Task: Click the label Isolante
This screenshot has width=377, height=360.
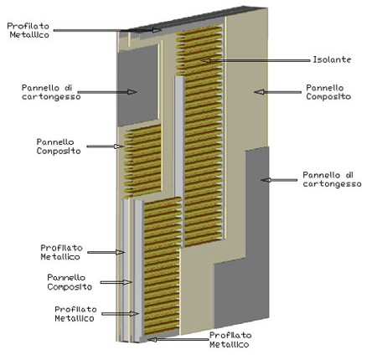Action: (x=332, y=59)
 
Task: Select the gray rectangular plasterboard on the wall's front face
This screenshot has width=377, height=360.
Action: (x=137, y=85)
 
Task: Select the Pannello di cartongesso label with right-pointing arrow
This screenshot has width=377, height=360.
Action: (x=51, y=92)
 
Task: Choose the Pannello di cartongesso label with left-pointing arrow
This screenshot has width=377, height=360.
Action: (x=332, y=179)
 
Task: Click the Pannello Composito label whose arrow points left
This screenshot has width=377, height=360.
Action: (x=328, y=92)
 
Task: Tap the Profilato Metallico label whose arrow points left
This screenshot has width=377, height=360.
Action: (x=229, y=340)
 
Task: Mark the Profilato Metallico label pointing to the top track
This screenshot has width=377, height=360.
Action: (x=28, y=30)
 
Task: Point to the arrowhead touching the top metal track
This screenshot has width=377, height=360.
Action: (x=157, y=30)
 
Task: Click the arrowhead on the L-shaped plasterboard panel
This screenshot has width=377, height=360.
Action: (x=266, y=180)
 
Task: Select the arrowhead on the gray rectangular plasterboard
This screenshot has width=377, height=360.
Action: (x=132, y=92)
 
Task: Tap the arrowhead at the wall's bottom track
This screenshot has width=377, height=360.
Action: (x=152, y=340)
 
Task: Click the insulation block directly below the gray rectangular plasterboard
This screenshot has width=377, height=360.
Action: (x=143, y=161)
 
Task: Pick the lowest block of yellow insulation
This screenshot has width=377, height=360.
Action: (x=163, y=265)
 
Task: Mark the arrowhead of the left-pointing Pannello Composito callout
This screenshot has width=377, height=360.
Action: (x=259, y=92)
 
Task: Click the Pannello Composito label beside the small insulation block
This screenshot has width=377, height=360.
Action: (x=59, y=147)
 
